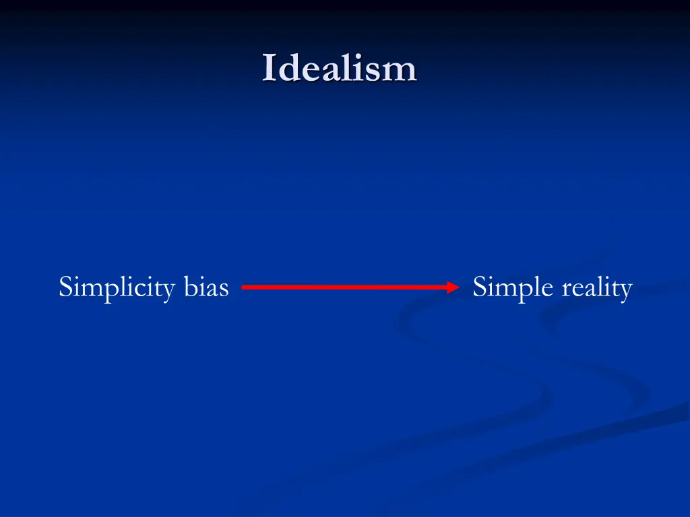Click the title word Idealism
(340, 69)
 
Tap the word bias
(206, 287)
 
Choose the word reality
(596, 288)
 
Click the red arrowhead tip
(458, 287)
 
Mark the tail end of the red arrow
(243, 287)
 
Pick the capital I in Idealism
(269, 69)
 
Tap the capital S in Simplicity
(65, 287)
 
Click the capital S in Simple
(479, 287)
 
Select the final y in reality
(626, 291)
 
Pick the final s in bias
(224, 289)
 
